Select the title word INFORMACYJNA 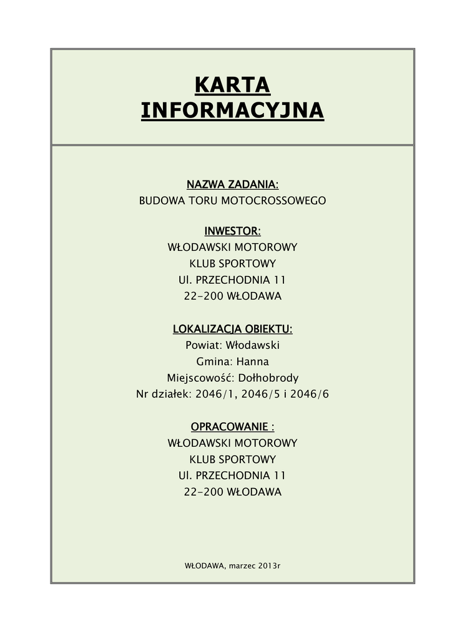tap(232, 110)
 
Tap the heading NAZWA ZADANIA tap(232, 185)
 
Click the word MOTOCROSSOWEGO tap(281, 201)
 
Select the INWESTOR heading tap(232, 232)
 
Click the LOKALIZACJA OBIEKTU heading tap(232, 329)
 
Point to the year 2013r tap(271, 565)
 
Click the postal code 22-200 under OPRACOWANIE tap(203, 492)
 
